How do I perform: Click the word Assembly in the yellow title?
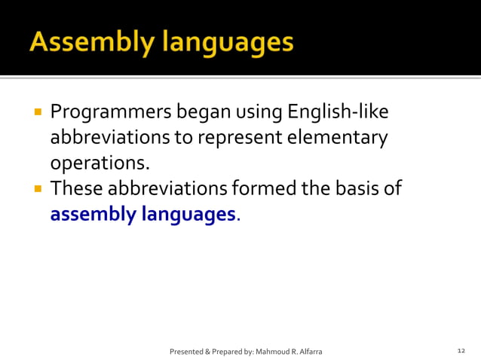click(x=84, y=43)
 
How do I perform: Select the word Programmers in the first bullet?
click(x=111, y=113)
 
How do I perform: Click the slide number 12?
click(x=461, y=352)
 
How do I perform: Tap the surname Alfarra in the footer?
click(x=311, y=352)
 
